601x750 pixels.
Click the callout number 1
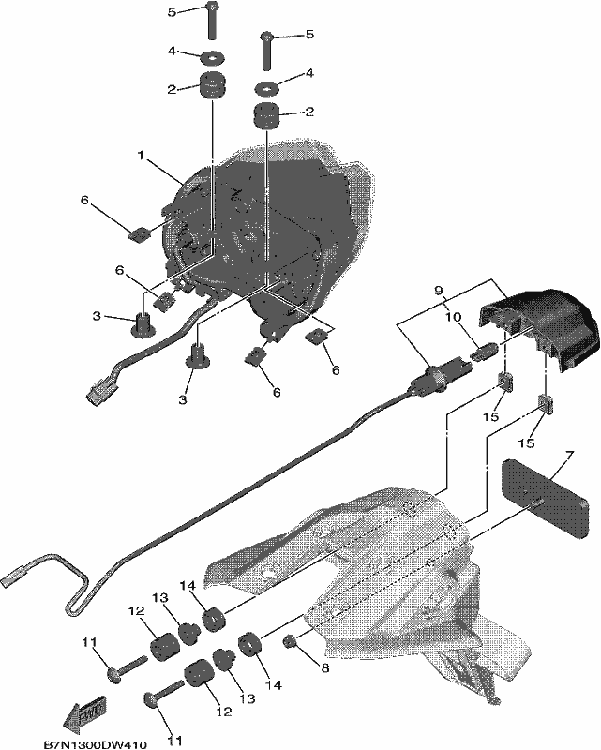point(141,156)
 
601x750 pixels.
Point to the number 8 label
point(325,667)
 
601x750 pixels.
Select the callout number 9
point(440,291)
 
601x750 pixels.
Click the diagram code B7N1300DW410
point(96,744)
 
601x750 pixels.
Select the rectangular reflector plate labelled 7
point(545,498)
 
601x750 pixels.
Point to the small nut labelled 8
point(290,640)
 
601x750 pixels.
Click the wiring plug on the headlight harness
point(99,392)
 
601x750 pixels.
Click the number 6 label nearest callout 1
point(84,200)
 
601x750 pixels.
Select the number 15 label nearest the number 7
point(526,443)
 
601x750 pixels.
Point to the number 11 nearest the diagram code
point(174,741)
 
